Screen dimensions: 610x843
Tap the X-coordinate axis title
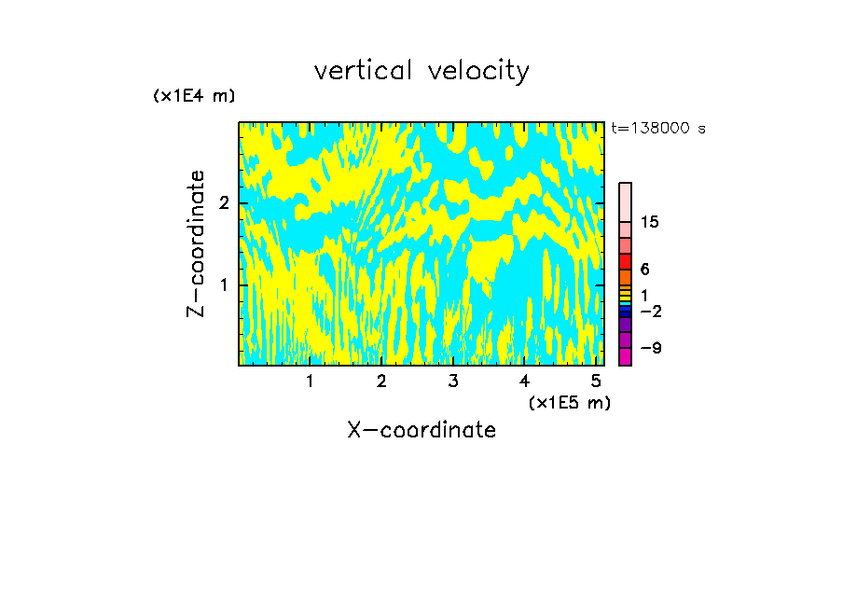421,430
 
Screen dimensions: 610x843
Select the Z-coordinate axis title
196,243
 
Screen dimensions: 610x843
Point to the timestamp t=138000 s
658,128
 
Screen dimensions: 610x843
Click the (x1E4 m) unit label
194,96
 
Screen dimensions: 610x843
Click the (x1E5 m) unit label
570,402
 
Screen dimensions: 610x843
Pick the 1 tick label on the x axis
310,381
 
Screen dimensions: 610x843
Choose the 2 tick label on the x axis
381,381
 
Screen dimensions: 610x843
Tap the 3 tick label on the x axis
452,381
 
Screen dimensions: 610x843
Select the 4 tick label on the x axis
524,381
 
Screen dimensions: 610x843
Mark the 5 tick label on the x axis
596,381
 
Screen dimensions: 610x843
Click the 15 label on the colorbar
650,222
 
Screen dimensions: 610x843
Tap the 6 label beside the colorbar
644,270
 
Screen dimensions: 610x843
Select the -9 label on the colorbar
650,348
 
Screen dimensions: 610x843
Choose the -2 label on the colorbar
650,311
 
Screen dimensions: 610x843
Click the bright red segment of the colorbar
625,261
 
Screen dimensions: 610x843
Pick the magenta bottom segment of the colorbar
625,356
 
